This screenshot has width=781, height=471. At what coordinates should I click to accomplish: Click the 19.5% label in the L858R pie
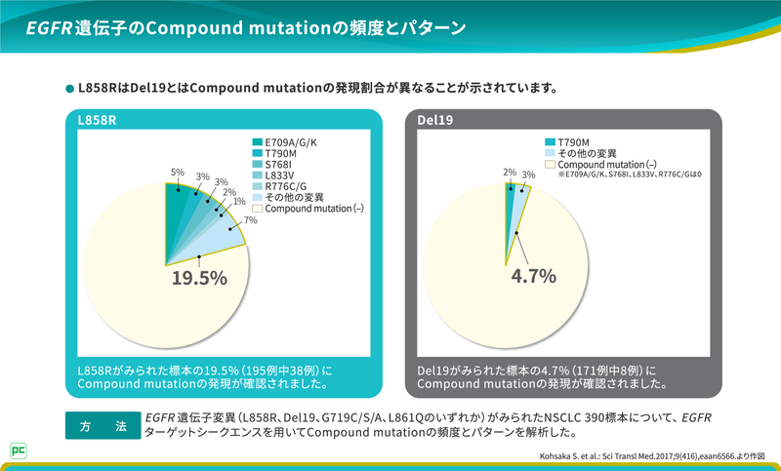pyautogui.click(x=199, y=278)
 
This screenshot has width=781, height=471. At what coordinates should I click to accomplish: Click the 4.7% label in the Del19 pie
pyautogui.click(x=533, y=276)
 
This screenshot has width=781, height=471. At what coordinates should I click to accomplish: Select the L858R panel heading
pyautogui.click(x=98, y=122)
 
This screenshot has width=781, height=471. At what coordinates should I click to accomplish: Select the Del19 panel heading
pyautogui.click(x=435, y=122)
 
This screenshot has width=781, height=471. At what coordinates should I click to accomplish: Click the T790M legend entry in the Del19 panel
pyautogui.click(x=569, y=143)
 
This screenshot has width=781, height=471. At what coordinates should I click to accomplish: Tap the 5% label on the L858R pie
pyautogui.click(x=178, y=172)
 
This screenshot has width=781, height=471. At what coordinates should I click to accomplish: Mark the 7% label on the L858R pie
pyautogui.click(x=251, y=220)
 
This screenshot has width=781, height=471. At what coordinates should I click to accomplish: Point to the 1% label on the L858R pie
pyautogui.click(x=239, y=200)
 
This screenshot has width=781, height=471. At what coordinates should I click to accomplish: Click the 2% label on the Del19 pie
pyautogui.click(x=509, y=173)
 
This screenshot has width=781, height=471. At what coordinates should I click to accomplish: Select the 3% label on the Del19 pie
pyautogui.click(x=528, y=176)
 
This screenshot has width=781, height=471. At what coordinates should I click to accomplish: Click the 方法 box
pyautogui.click(x=100, y=425)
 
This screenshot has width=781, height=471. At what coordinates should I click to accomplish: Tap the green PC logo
pyautogui.click(x=18, y=450)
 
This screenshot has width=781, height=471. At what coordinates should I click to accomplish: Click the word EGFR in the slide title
pyautogui.click(x=48, y=28)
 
